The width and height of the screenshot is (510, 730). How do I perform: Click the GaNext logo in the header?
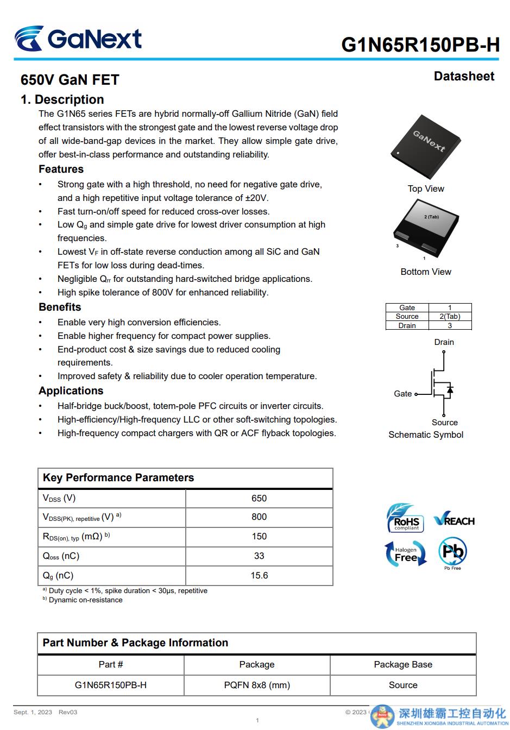click(78, 39)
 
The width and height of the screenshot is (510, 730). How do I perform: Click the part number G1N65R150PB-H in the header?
click(420, 45)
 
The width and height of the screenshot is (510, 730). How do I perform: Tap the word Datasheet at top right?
click(464, 77)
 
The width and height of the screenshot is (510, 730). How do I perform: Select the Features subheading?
click(61, 169)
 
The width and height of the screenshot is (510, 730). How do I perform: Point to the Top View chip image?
click(426, 147)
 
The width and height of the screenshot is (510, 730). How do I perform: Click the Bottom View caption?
click(426, 272)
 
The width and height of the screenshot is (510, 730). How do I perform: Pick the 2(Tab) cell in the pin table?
click(450, 317)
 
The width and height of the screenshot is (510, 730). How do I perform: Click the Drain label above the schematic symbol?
click(444, 342)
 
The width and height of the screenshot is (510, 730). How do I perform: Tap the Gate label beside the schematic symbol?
click(402, 394)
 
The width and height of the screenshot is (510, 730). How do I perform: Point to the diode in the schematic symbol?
click(450, 389)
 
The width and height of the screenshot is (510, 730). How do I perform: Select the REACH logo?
click(454, 520)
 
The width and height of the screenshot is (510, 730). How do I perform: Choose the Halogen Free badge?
click(405, 553)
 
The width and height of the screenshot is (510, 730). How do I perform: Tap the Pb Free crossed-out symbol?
click(452, 552)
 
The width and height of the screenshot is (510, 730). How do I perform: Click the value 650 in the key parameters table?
click(259, 499)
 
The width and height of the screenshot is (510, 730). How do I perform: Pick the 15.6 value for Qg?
click(259, 576)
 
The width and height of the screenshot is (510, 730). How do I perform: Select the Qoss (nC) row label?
click(61, 556)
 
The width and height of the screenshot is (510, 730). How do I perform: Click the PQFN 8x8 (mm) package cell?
click(257, 685)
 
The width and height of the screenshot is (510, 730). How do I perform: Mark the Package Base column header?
click(403, 665)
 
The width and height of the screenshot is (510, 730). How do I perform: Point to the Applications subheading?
click(71, 391)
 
